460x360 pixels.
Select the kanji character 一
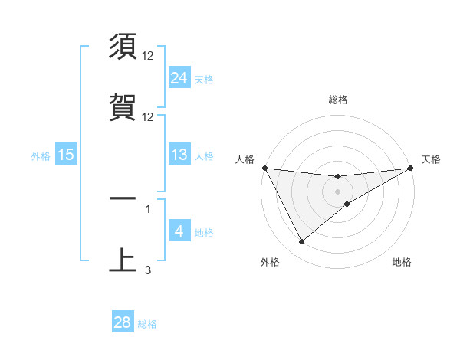(123, 198)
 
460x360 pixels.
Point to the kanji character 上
(123, 260)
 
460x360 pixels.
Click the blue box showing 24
(179, 78)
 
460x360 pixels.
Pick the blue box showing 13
(179, 155)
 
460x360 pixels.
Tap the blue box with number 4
(179, 231)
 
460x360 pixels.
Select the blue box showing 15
(66, 155)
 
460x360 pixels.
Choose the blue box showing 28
(123, 322)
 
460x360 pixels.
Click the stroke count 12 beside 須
(149, 56)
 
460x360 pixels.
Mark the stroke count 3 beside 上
(148, 270)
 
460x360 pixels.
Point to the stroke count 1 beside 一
(148, 208)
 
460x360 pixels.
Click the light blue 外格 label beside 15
(41, 155)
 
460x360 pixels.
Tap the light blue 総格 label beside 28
(147, 323)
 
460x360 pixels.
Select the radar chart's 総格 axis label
(338, 100)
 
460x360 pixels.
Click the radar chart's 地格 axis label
(402, 263)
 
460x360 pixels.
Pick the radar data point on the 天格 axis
(411, 168)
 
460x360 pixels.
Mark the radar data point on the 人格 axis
(264, 168)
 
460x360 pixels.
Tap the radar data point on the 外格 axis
(301, 242)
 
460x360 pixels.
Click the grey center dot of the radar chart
(338, 191)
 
